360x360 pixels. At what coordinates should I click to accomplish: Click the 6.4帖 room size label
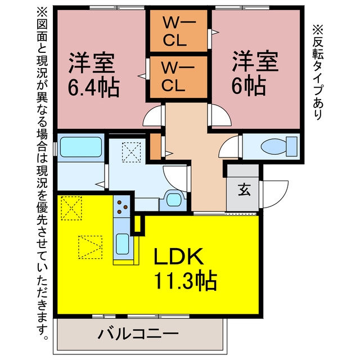(x=94, y=88)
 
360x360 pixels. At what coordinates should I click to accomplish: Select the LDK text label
(x=179, y=256)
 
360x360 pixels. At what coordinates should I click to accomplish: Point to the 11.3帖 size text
(x=186, y=281)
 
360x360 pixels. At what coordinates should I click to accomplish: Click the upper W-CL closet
(x=179, y=31)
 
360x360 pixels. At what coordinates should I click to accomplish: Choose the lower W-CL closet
(x=179, y=76)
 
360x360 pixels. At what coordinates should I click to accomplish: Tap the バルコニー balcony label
(x=138, y=334)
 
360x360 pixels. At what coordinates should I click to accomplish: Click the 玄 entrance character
(x=244, y=190)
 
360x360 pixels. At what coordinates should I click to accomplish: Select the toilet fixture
(x=279, y=146)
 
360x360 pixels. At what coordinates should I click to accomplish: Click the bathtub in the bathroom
(x=81, y=147)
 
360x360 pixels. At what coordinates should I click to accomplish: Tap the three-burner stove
(x=121, y=206)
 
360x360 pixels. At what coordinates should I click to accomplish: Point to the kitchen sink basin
(x=123, y=244)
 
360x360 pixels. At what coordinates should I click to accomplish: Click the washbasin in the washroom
(x=173, y=200)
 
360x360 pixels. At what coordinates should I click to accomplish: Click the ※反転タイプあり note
(x=318, y=72)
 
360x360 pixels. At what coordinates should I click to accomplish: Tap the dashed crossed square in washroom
(x=131, y=152)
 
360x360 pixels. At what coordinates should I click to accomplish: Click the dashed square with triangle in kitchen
(x=90, y=247)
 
